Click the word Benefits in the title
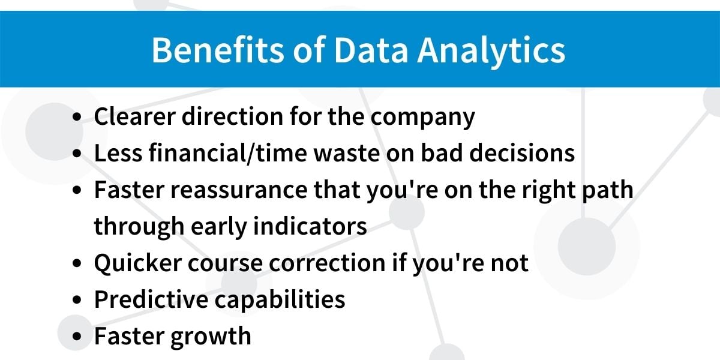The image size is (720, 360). [218, 50]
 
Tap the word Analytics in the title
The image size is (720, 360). [491, 52]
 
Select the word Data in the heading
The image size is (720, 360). [371, 50]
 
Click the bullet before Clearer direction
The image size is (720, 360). [77, 116]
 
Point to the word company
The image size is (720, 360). [422, 118]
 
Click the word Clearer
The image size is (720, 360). [134, 116]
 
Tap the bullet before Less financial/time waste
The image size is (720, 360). [77, 153]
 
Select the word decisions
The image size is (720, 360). [522, 152]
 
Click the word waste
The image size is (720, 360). [347, 154]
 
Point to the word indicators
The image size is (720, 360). [310, 226]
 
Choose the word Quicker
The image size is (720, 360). [138, 263]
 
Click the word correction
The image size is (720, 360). [327, 263]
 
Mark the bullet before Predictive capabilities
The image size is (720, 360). [77, 299]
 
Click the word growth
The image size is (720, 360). [211, 337]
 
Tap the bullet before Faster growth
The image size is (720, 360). [77, 336]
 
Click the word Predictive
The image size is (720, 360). [151, 299]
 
